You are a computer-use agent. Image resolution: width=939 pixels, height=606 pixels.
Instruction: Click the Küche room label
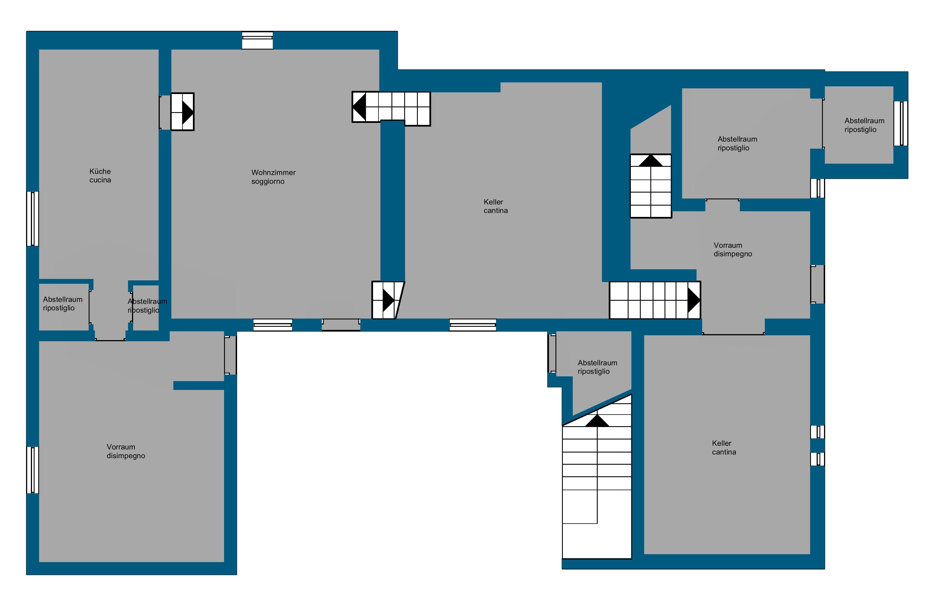click(100, 171)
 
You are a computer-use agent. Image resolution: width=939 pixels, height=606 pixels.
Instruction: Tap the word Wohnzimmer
click(274, 172)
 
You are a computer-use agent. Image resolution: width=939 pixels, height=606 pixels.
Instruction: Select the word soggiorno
click(268, 182)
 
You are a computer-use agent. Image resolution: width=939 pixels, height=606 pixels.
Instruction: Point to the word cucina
click(100, 180)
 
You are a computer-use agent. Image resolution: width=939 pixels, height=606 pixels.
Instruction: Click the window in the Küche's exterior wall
click(33, 219)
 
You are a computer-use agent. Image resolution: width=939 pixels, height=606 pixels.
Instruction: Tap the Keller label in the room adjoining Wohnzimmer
click(493, 202)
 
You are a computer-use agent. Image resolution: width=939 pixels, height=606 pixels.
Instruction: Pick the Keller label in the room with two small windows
click(721, 443)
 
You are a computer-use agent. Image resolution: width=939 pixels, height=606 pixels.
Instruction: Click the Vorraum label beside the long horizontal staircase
click(728, 245)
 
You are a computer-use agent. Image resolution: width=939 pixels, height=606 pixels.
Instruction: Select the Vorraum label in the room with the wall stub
click(121, 447)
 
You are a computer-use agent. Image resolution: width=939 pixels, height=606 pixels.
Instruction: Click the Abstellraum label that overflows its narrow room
click(148, 301)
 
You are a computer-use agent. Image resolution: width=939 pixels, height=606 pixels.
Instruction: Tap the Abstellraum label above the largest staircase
click(597, 363)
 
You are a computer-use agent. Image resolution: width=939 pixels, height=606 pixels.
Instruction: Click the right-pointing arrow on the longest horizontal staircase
click(693, 300)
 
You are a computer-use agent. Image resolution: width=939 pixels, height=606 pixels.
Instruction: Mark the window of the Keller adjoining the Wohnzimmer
click(473, 325)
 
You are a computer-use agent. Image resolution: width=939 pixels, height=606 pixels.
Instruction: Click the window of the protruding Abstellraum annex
click(901, 123)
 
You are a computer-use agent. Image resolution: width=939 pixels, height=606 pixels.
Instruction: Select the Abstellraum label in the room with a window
click(864, 121)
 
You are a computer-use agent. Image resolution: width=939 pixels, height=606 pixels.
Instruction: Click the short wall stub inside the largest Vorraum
click(199, 386)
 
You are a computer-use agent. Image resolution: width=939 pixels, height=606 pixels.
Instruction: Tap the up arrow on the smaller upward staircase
click(651, 161)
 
